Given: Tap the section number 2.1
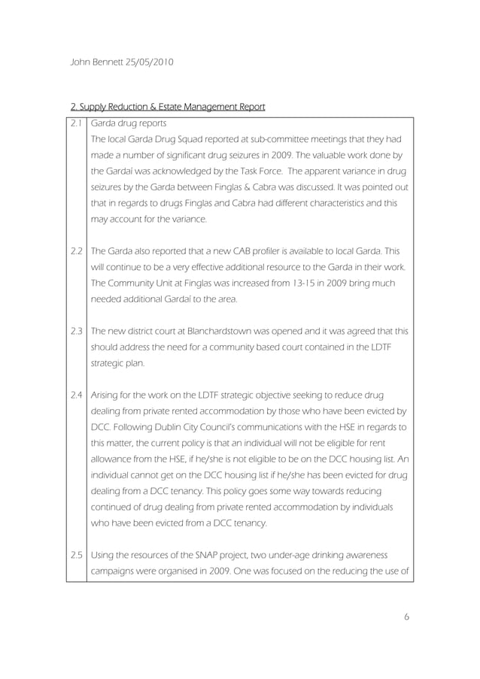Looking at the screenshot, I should pyautogui.click(x=76, y=123).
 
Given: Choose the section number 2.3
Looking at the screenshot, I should pyautogui.click(x=76, y=331).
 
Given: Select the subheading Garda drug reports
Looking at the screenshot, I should pyautogui.click(x=129, y=123).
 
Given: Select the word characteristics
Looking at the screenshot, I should pyautogui.click(x=311, y=203).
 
